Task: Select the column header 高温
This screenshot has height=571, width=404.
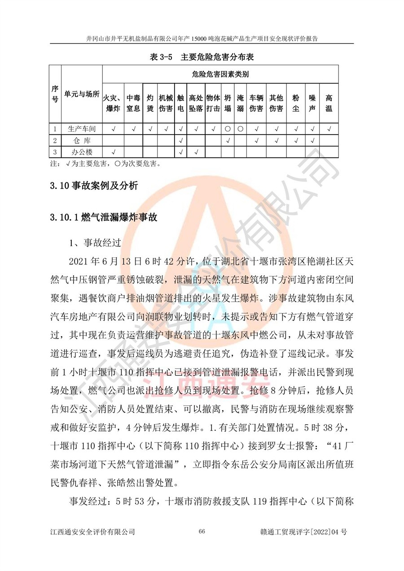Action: coord(329,103)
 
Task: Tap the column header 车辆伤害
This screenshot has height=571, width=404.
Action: coord(256,103)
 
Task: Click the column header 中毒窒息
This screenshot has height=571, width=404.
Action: coord(133,103)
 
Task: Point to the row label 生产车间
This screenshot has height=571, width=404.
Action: coord(82,129)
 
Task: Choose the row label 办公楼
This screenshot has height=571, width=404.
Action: coord(82,152)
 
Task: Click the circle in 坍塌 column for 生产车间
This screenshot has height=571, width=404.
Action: coord(228,129)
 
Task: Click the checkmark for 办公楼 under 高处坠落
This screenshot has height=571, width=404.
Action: coord(196,152)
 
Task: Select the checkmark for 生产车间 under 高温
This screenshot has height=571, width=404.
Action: coord(329,129)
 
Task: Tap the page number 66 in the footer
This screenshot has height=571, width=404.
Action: coord(202,531)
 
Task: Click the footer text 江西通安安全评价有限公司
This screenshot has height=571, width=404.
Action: coord(92,532)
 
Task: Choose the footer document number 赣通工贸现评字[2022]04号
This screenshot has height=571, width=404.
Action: coord(303,532)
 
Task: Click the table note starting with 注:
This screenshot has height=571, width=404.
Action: coord(105,163)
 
